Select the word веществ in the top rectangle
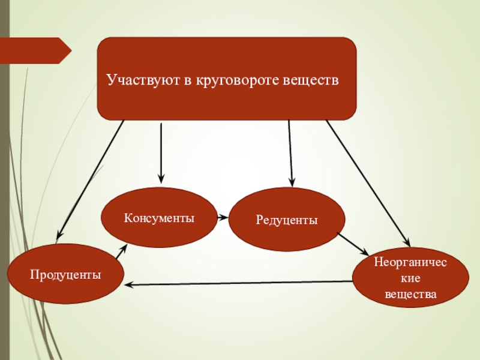point(314,79)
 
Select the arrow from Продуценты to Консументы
point(121,251)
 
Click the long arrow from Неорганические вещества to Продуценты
point(240,283)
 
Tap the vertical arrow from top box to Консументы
point(161,153)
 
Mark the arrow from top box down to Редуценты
point(290,153)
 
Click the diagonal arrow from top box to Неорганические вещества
point(367,183)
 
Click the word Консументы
point(159,217)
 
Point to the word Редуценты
point(287,220)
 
